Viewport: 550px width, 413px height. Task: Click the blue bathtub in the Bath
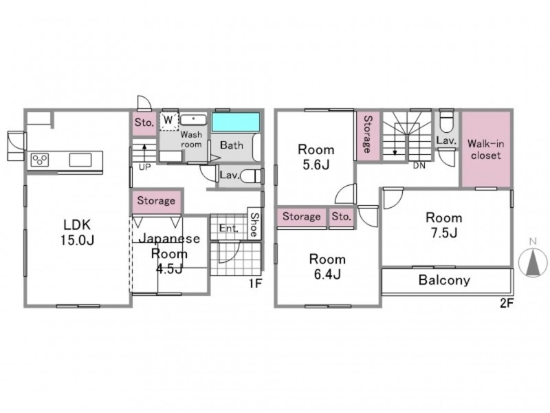(236, 122)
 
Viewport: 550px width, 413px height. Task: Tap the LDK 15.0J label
(77, 232)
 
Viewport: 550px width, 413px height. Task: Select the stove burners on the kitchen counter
(40, 160)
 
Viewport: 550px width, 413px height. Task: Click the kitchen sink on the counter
(80, 160)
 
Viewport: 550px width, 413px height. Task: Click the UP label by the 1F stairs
(144, 167)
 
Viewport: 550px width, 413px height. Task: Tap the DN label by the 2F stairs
(419, 166)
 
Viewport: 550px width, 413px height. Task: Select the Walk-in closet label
(486, 149)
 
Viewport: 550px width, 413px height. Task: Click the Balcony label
(444, 280)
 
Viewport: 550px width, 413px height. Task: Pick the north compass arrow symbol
(533, 262)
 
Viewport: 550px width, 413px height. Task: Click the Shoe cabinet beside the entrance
(254, 224)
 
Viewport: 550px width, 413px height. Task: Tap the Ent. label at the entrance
(229, 229)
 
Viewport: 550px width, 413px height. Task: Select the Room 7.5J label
(443, 225)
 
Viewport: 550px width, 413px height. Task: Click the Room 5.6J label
(316, 157)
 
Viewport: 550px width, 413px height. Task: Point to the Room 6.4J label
(327, 266)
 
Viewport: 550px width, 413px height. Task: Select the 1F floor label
(256, 283)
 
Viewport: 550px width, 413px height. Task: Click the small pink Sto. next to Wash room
(144, 123)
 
